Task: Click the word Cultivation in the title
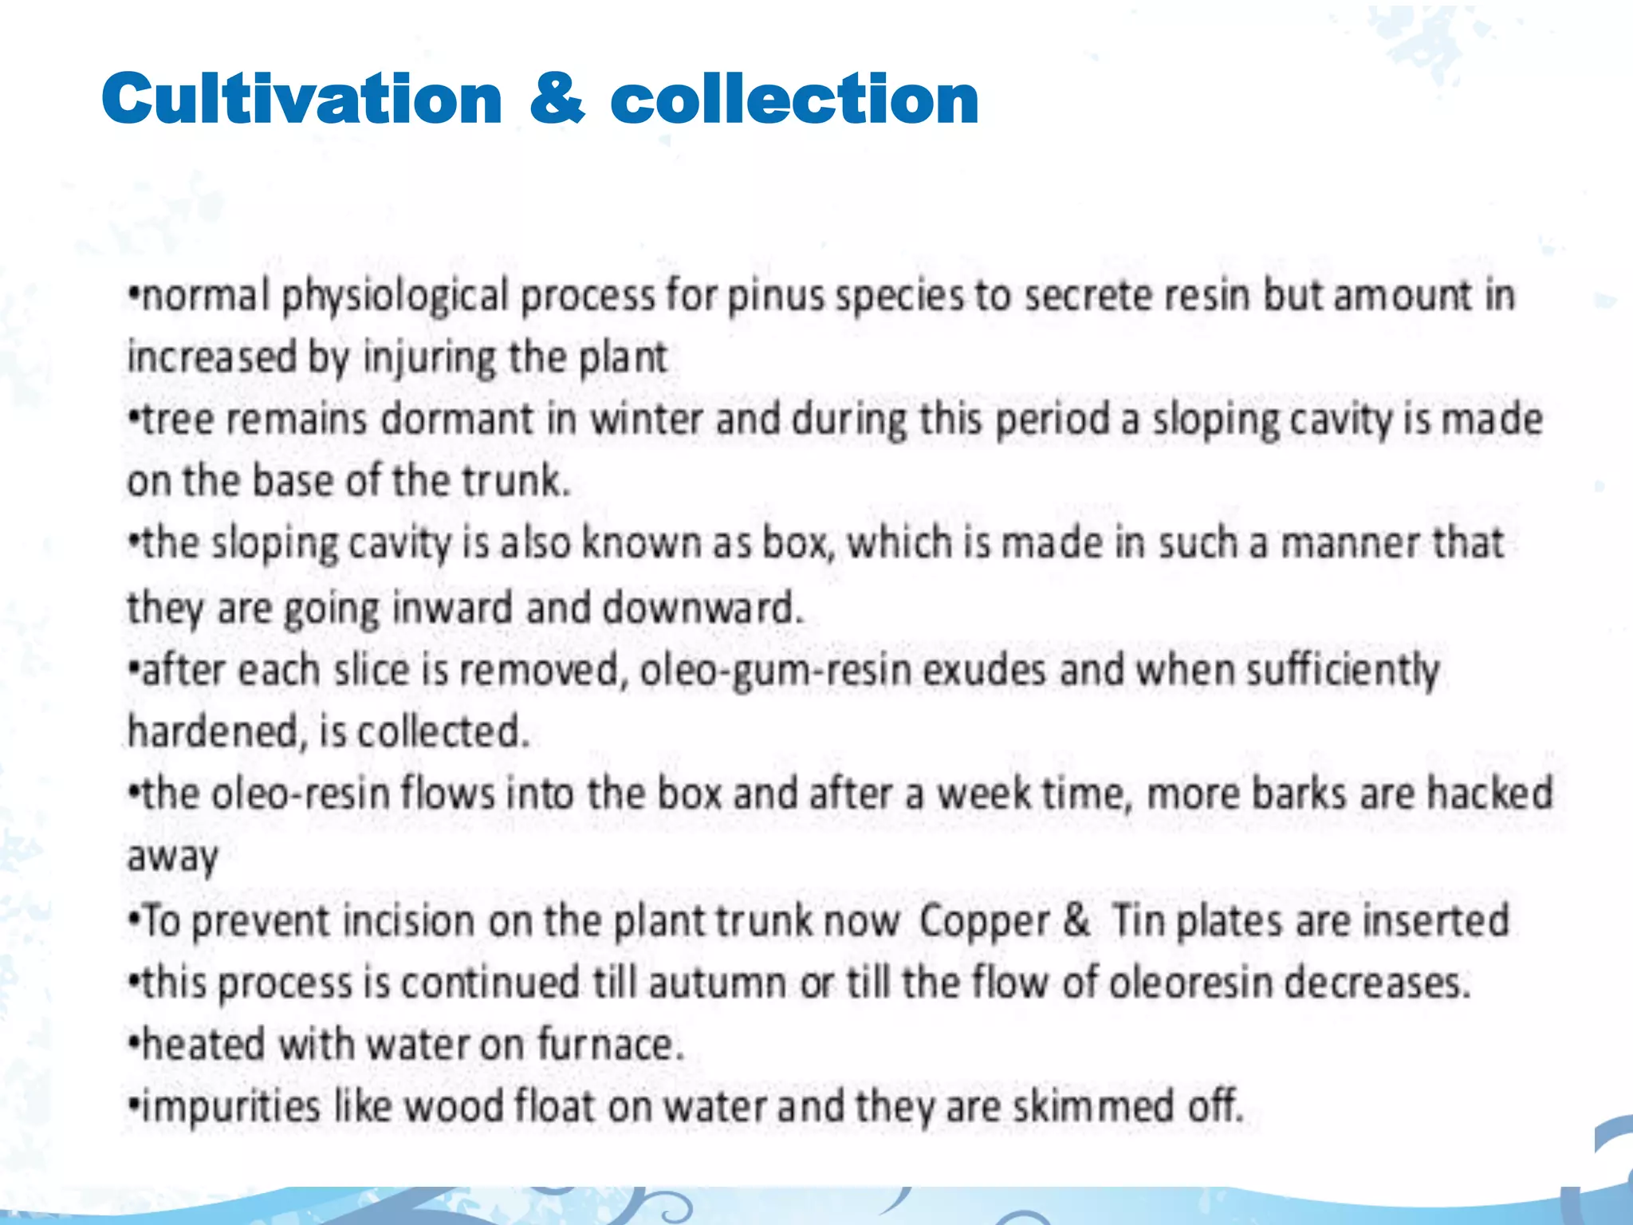tap(301, 99)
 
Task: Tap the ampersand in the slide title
tap(556, 99)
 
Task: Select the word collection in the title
tap(794, 99)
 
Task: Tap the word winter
tap(646, 419)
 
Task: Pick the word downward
tap(701, 609)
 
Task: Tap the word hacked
tap(1489, 794)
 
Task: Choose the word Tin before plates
tap(1138, 920)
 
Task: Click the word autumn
tap(717, 983)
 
